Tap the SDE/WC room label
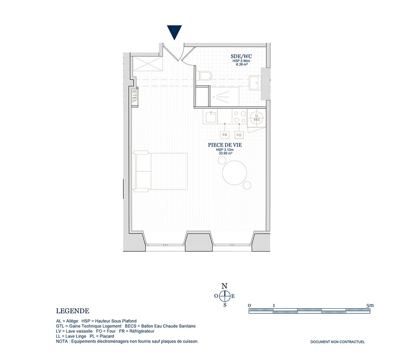[241, 56]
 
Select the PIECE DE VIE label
[225, 145]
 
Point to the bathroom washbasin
[255, 83]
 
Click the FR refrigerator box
[225, 135]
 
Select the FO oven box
[239, 135]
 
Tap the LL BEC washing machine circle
[257, 118]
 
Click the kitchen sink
[211, 117]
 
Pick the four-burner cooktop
[240, 117]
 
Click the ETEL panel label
[134, 97]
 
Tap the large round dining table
[235, 173]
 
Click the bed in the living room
[160, 171]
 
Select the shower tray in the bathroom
[224, 97]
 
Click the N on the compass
[224, 286]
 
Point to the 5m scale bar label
[370, 305]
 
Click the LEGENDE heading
[73, 311]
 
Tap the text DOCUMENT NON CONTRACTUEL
[338, 342]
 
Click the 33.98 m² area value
[225, 153]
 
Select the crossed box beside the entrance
[148, 64]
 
